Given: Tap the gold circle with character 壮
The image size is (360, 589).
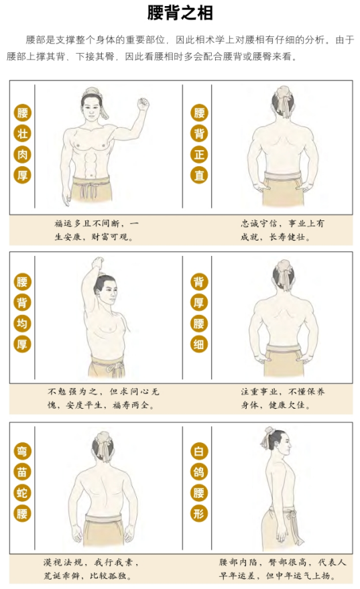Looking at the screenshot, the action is [22, 134].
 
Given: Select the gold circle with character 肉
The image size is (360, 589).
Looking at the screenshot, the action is [22, 154].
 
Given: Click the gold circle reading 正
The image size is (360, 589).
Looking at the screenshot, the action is [199, 154].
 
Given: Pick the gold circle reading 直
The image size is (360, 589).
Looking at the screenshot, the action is [199, 175].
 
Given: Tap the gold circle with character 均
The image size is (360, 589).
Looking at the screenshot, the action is [22, 324].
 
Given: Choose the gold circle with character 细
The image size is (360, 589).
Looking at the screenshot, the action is [199, 344].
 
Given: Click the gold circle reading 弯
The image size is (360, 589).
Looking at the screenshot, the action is [22, 451].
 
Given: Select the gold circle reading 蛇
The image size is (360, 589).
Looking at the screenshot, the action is [22, 493].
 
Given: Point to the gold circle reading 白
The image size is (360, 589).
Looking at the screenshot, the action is [199, 451].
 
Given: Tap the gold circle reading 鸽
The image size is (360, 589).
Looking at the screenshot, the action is [199, 472].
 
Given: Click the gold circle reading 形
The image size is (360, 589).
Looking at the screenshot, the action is [199, 513].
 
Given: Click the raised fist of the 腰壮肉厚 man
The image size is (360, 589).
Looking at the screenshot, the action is [143, 104].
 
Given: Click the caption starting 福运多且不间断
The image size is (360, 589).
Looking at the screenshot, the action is [97, 231].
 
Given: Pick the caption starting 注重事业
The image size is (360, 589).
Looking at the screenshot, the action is [283, 399].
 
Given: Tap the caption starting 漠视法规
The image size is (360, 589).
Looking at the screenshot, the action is [91, 569].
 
